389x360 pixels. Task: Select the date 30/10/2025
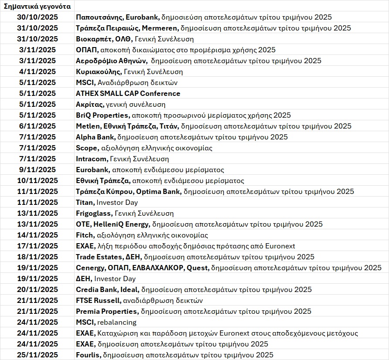(38, 17)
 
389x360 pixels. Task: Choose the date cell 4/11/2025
(38, 72)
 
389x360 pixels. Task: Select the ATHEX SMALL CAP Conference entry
(128, 94)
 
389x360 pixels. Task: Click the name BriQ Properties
(102, 115)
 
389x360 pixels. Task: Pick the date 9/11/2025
(38, 170)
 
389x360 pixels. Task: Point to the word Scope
(87, 148)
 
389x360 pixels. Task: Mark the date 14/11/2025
(38, 235)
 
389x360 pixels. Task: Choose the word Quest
(197, 268)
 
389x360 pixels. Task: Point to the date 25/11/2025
(38, 355)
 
